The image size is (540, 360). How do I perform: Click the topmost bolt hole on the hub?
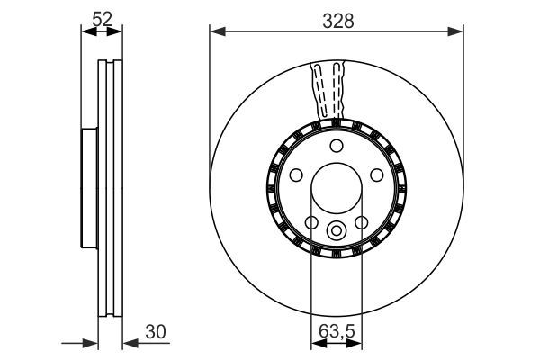336,147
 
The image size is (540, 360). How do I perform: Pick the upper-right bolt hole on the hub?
377,175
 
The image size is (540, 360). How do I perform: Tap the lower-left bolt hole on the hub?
310,223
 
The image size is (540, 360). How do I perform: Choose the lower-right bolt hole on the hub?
361,223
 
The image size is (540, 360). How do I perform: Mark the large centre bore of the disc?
336,190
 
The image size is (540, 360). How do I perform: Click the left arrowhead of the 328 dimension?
215,33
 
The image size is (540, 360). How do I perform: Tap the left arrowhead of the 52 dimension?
85,33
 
